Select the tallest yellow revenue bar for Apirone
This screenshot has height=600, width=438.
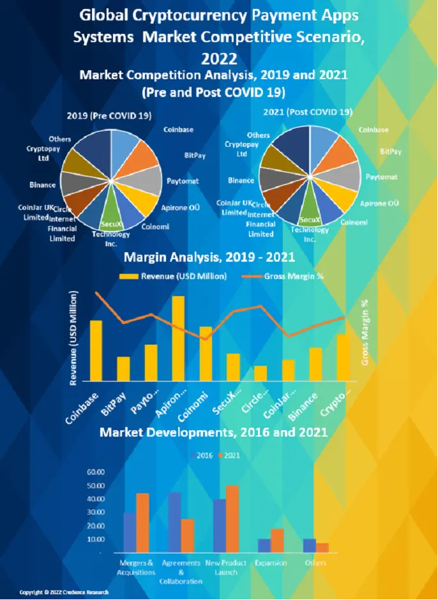[x=178, y=338]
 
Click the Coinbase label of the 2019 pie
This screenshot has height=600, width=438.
[x=179, y=130]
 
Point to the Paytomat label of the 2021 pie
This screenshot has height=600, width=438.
[x=381, y=177]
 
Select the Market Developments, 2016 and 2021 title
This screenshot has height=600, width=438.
[x=213, y=432]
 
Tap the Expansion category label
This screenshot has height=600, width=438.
[x=271, y=563]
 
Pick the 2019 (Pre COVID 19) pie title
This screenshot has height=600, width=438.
[x=109, y=116]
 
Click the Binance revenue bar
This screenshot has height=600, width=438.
[x=316, y=364]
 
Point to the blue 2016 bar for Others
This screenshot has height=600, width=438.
[x=310, y=546]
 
